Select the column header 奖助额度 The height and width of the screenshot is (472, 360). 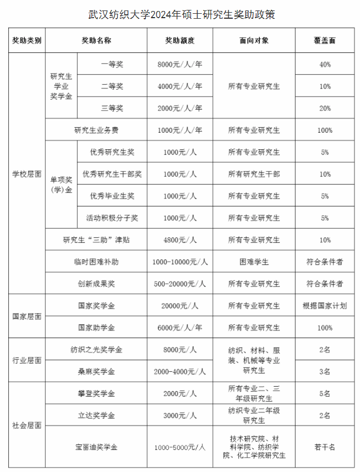click(x=180, y=41)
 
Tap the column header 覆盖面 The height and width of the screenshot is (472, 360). click(x=325, y=41)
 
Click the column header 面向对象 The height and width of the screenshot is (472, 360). click(x=254, y=41)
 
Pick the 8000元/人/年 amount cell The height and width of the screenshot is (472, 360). click(x=180, y=64)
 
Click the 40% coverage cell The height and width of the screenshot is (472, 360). click(x=325, y=64)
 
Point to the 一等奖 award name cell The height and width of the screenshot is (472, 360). click(x=112, y=64)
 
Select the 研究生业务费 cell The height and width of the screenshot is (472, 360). click(x=96, y=131)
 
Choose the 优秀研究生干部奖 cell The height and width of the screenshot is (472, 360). click(x=112, y=174)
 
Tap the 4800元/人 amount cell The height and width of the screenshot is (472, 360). click(x=180, y=240)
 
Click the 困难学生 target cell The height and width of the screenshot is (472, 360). click(x=254, y=262)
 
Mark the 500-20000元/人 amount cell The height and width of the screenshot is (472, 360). click(x=180, y=284)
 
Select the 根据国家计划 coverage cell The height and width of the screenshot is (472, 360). click(x=325, y=306)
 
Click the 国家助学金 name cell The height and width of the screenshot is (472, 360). click(x=96, y=328)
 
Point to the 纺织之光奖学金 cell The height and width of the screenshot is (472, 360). click(x=96, y=350)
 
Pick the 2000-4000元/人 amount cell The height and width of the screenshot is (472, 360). click(x=180, y=372)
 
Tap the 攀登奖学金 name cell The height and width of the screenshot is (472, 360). click(x=96, y=394)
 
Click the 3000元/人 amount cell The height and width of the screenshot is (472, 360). click(x=180, y=415)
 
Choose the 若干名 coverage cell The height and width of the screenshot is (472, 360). click(x=325, y=447)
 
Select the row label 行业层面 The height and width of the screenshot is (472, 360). click(x=27, y=361)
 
